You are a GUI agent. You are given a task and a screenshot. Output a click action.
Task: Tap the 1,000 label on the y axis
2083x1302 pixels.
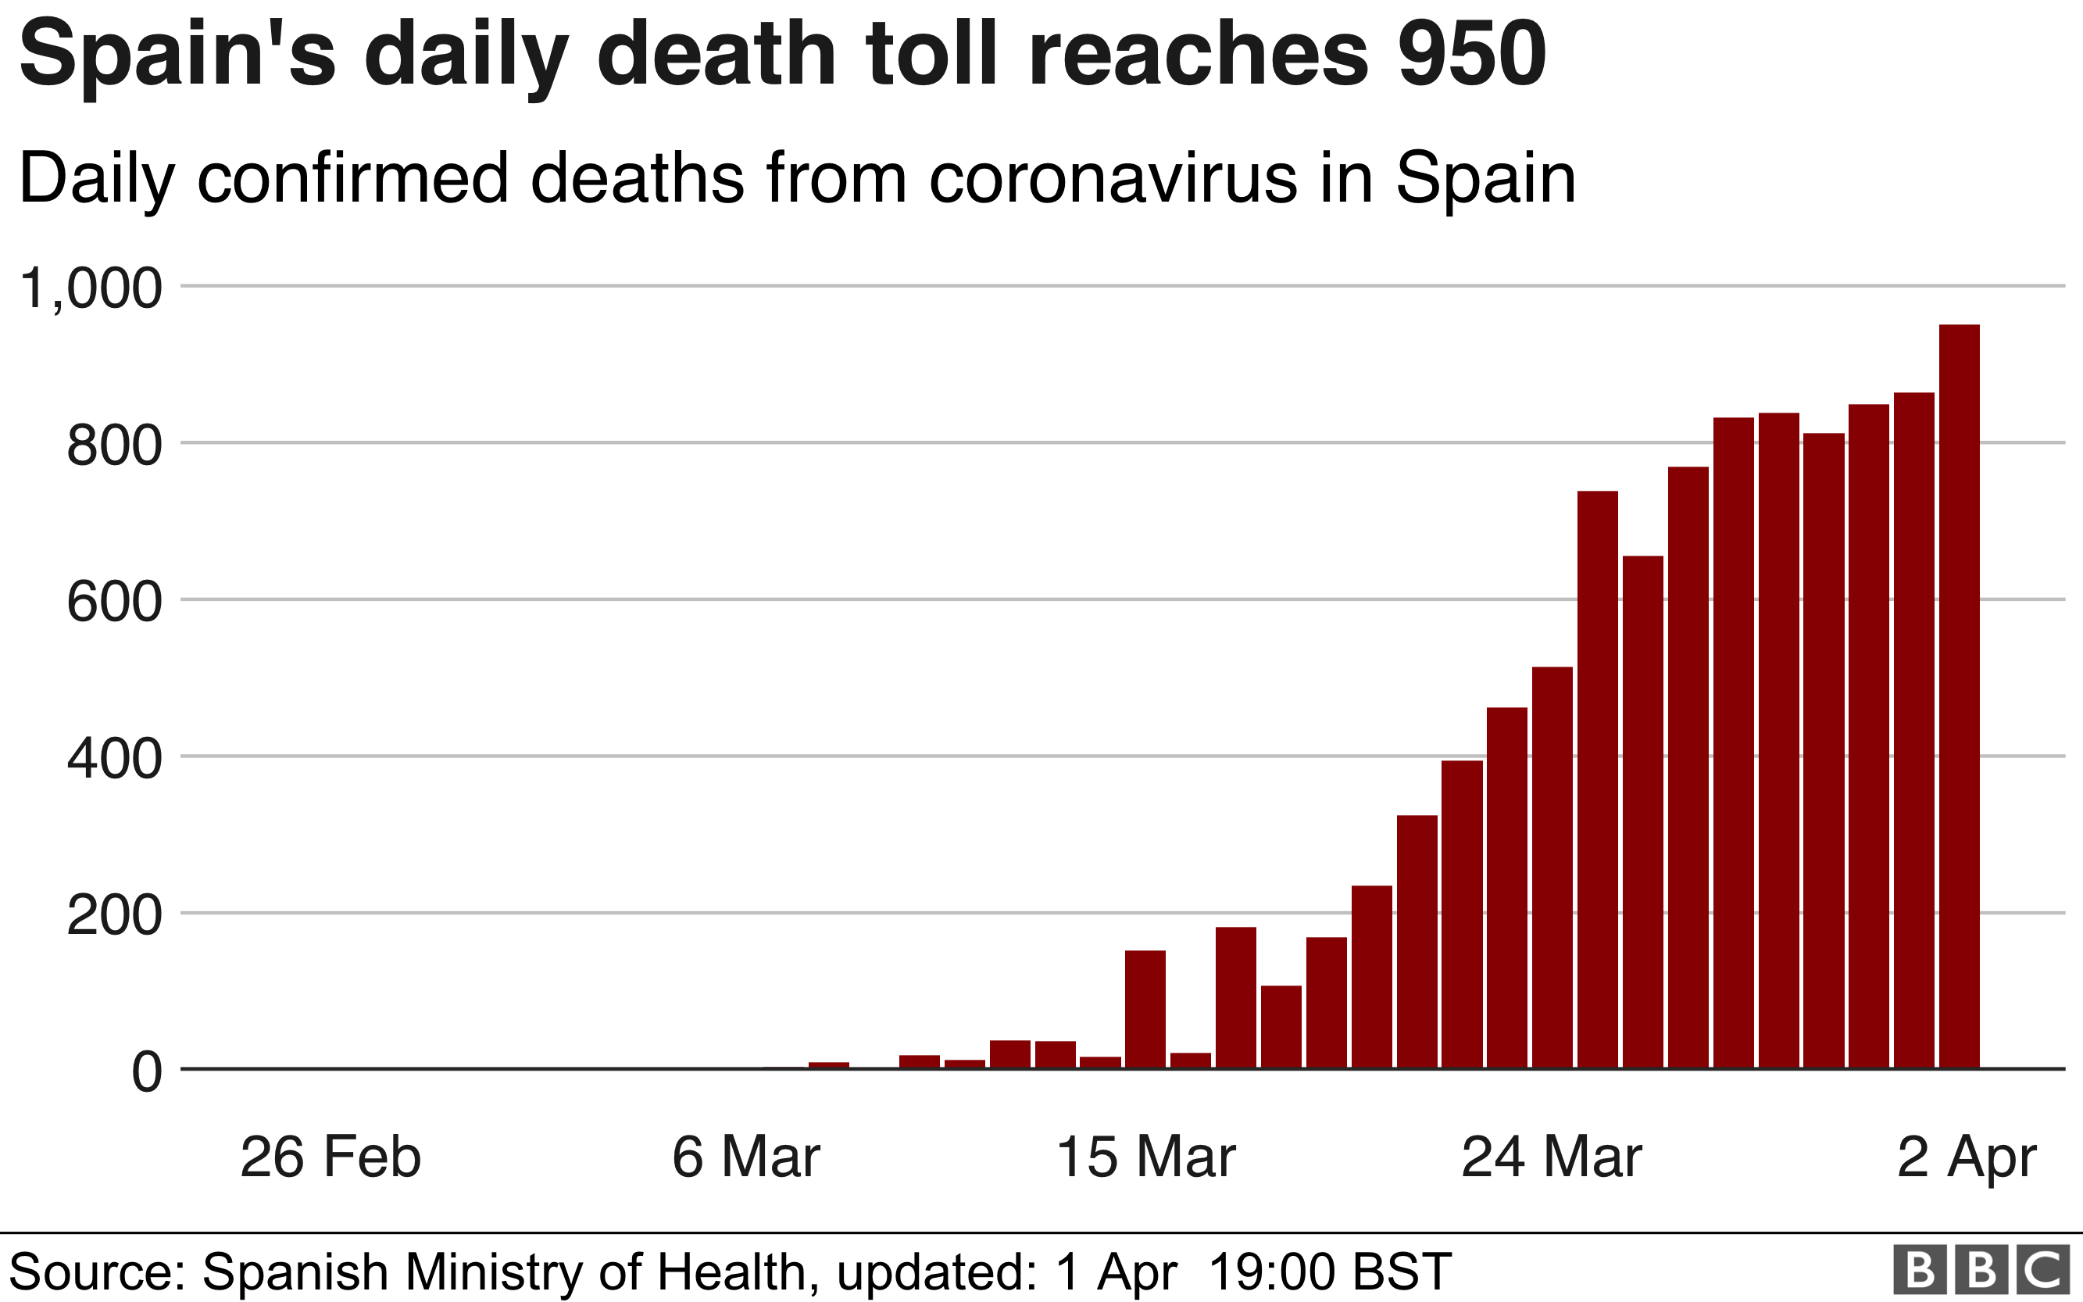click(x=91, y=288)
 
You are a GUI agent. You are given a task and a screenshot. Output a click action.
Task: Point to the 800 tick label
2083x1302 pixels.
click(x=113, y=446)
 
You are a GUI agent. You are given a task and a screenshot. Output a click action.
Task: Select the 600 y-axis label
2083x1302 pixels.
click(x=113, y=602)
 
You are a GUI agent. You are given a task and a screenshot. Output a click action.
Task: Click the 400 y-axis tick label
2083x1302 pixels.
click(x=113, y=760)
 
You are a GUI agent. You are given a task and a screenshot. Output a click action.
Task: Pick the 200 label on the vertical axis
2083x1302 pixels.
click(x=113, y=916)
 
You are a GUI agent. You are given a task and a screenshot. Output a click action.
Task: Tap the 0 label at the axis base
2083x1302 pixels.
click(x=146, y=1073)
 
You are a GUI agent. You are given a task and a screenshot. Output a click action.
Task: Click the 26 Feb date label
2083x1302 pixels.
click(x=330, y=1157)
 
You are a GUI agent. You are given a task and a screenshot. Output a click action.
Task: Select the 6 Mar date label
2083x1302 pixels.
click(x=745, y=1157)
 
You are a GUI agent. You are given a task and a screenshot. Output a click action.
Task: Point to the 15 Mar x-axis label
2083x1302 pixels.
click(x=1145, y=1157)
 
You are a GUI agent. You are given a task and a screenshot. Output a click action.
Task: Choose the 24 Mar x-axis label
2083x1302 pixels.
click(x=1552, y=1157)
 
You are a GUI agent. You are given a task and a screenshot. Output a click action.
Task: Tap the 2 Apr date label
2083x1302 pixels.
click(x=1967, y=1157)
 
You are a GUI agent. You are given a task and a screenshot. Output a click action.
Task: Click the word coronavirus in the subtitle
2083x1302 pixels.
click(x=1112, y=179)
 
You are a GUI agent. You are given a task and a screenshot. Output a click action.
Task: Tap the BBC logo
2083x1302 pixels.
click(x=1981, y=1269)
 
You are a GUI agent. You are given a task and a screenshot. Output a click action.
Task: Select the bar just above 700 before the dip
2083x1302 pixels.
click(x=1598, y=779)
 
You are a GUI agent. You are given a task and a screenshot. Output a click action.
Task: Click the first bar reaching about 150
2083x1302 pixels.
click(x=1145, y=1009)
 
